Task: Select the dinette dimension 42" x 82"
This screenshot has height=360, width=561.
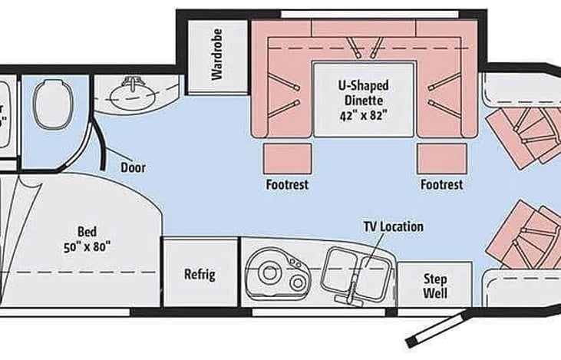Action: tap(364, 115)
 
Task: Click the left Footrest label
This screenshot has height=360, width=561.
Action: tap(287, 185)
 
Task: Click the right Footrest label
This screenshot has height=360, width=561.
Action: tap(441, 185)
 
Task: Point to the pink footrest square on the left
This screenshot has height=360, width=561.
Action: tap(288, 158)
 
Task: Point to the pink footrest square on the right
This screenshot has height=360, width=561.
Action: tap(441, 158)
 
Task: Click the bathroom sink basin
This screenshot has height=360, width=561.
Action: tap(135, 96)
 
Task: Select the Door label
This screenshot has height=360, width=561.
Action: tap(133, 167)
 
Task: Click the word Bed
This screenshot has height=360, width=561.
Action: tap(87, 231)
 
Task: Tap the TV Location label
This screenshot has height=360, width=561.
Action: tap(393, 227)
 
